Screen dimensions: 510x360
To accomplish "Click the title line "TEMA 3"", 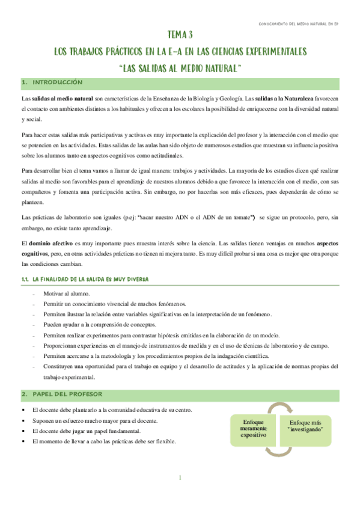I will pyautogui.click(x=180, y=35).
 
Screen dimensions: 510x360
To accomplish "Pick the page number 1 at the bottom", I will pyautogui.click(x=180, y=478).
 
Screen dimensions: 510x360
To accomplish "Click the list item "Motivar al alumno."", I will pyautogui.click(x=67, y=293).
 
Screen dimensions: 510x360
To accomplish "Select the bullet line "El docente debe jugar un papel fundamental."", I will pyautogui.click(x=96, y=431).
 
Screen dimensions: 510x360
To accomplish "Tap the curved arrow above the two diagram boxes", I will pyautogui.click(x=280, y=407).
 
